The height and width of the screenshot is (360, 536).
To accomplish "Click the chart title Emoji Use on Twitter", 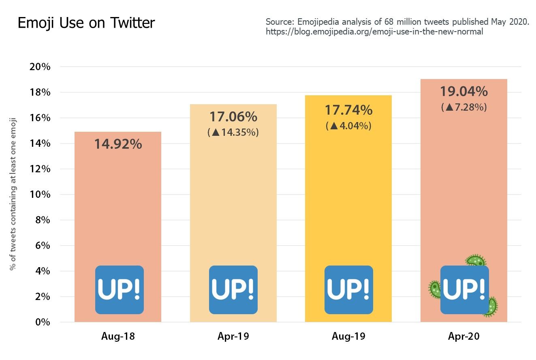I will click(86, 23).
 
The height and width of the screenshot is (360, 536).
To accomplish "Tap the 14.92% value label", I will click(118, 144).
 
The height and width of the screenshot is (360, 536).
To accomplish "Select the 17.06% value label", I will click(233, 117).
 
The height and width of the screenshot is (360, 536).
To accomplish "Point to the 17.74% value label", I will click(348, 110).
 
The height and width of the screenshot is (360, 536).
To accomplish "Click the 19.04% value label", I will click(463, 92).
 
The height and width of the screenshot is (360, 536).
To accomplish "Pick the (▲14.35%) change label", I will click(233, 133).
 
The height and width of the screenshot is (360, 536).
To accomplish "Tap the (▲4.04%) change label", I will click(348, 126).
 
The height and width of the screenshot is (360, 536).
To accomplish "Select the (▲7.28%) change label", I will click(463, 107).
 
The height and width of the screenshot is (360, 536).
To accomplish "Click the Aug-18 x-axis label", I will click(118, 336).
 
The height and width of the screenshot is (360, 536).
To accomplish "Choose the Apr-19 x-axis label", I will click(233, 336).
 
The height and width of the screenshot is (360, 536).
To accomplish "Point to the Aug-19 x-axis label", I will click(348, 336).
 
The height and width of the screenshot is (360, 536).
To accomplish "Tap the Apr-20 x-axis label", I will click(463, 336).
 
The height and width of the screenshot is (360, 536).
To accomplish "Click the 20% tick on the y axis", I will click(40, 67).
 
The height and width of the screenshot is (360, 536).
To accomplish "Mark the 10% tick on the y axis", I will click(40, 195).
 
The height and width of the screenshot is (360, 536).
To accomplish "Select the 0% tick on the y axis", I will click(42, 322).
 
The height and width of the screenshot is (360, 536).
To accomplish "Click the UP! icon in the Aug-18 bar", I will click(120, 289).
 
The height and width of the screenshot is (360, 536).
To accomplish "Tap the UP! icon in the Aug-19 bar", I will click(349, 289).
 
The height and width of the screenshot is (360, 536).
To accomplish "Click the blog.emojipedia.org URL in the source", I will click(374, 32).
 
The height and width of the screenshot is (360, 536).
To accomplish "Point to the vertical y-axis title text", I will click(13, 195).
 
